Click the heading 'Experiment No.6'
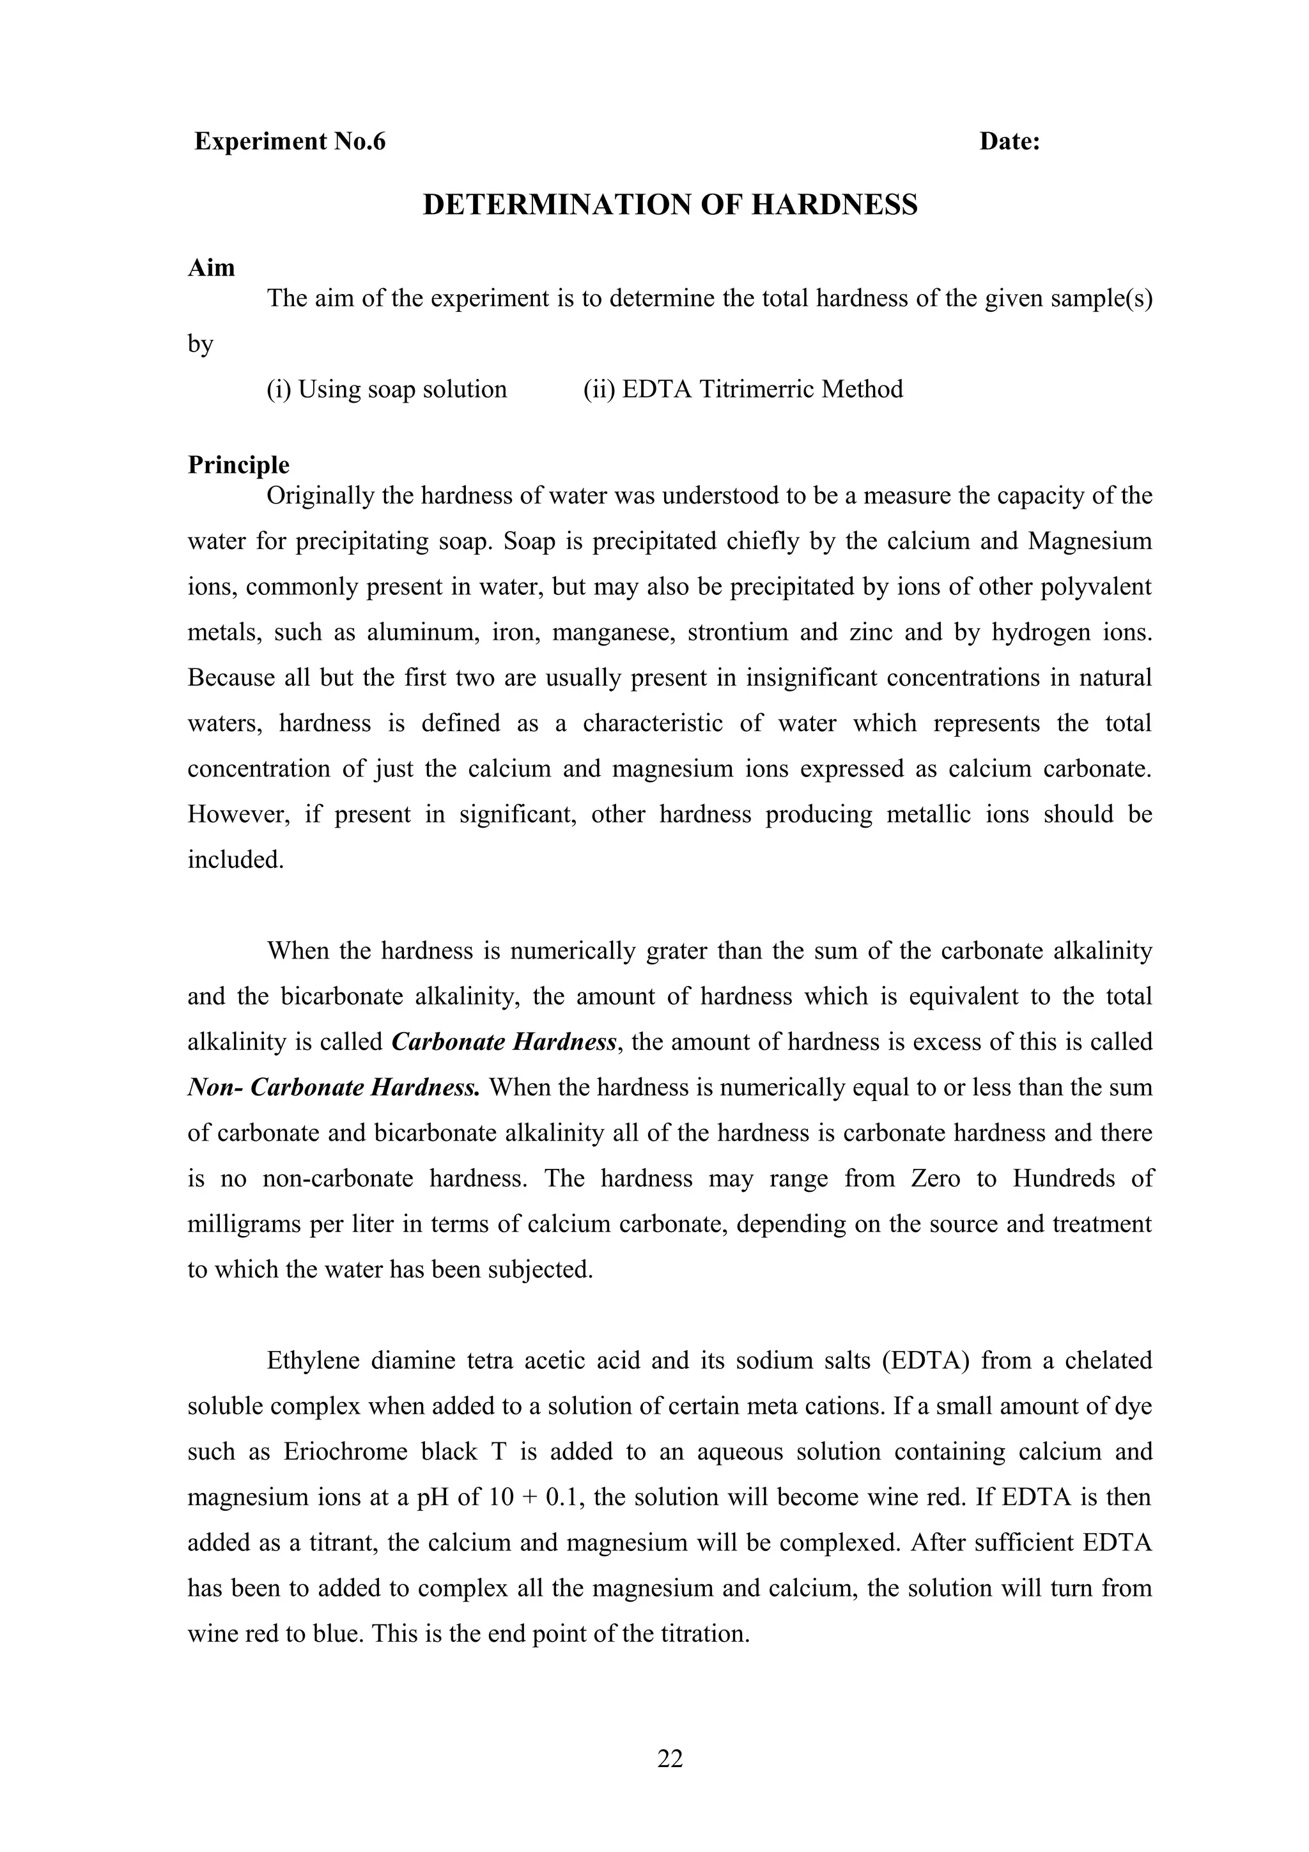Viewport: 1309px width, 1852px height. [x=290, y=142]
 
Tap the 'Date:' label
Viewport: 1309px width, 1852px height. [x=1010, y=142]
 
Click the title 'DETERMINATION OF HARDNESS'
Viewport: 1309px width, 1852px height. [x=670, y=205]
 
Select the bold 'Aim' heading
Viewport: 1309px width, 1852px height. [x=212, y=268]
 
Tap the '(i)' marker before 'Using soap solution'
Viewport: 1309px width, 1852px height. [x=279, y=390]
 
